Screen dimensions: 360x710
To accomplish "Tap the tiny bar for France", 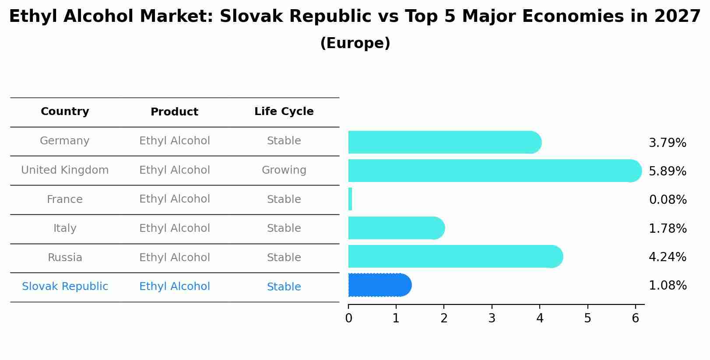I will pyautogui.click(x=350, y=199).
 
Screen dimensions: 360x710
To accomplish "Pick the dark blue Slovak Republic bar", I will pyautogui.click(x=379, y=285).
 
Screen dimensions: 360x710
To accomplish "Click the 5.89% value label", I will pyautogui.click(x=667, y=171).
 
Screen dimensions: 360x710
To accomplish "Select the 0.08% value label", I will pyautogui.click(x=668, y=200).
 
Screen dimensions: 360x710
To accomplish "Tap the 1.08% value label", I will pyautogui.click(x=667, y=286).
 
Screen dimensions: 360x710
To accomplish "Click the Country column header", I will pyautogui.click(x=65, y=112).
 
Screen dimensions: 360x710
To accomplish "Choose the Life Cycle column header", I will pyautogui.click(x=284, y=112).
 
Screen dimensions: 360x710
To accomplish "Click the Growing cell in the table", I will pyautogui.click(x=284, y=170).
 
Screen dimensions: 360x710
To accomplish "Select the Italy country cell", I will pyautogui.click(x=65, y=228).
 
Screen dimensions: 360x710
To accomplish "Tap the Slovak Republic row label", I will pyautogui.click(x=65, y=287).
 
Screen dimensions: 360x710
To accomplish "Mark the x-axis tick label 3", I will pyautogui.click(x=492, y=318).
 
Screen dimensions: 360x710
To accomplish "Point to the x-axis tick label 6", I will pyautogui.click(x=635, y=318).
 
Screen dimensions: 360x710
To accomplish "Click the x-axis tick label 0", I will pyautogui.click(x=348, y=318).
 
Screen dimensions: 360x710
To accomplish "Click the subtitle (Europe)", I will pyautogui.click(x=355, y=43).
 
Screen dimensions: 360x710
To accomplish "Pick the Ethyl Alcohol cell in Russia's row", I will pyautogui.click(x=174, y=258).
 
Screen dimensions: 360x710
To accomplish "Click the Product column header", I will pyautogui.click(x=174, y=112).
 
